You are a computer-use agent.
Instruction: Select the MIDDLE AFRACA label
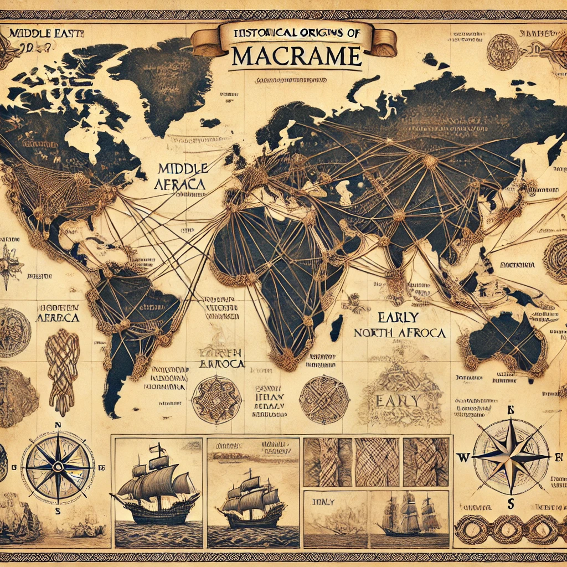point(182,176)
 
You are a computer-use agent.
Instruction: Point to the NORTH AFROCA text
point(399,333)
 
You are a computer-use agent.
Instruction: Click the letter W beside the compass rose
point(462,457)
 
